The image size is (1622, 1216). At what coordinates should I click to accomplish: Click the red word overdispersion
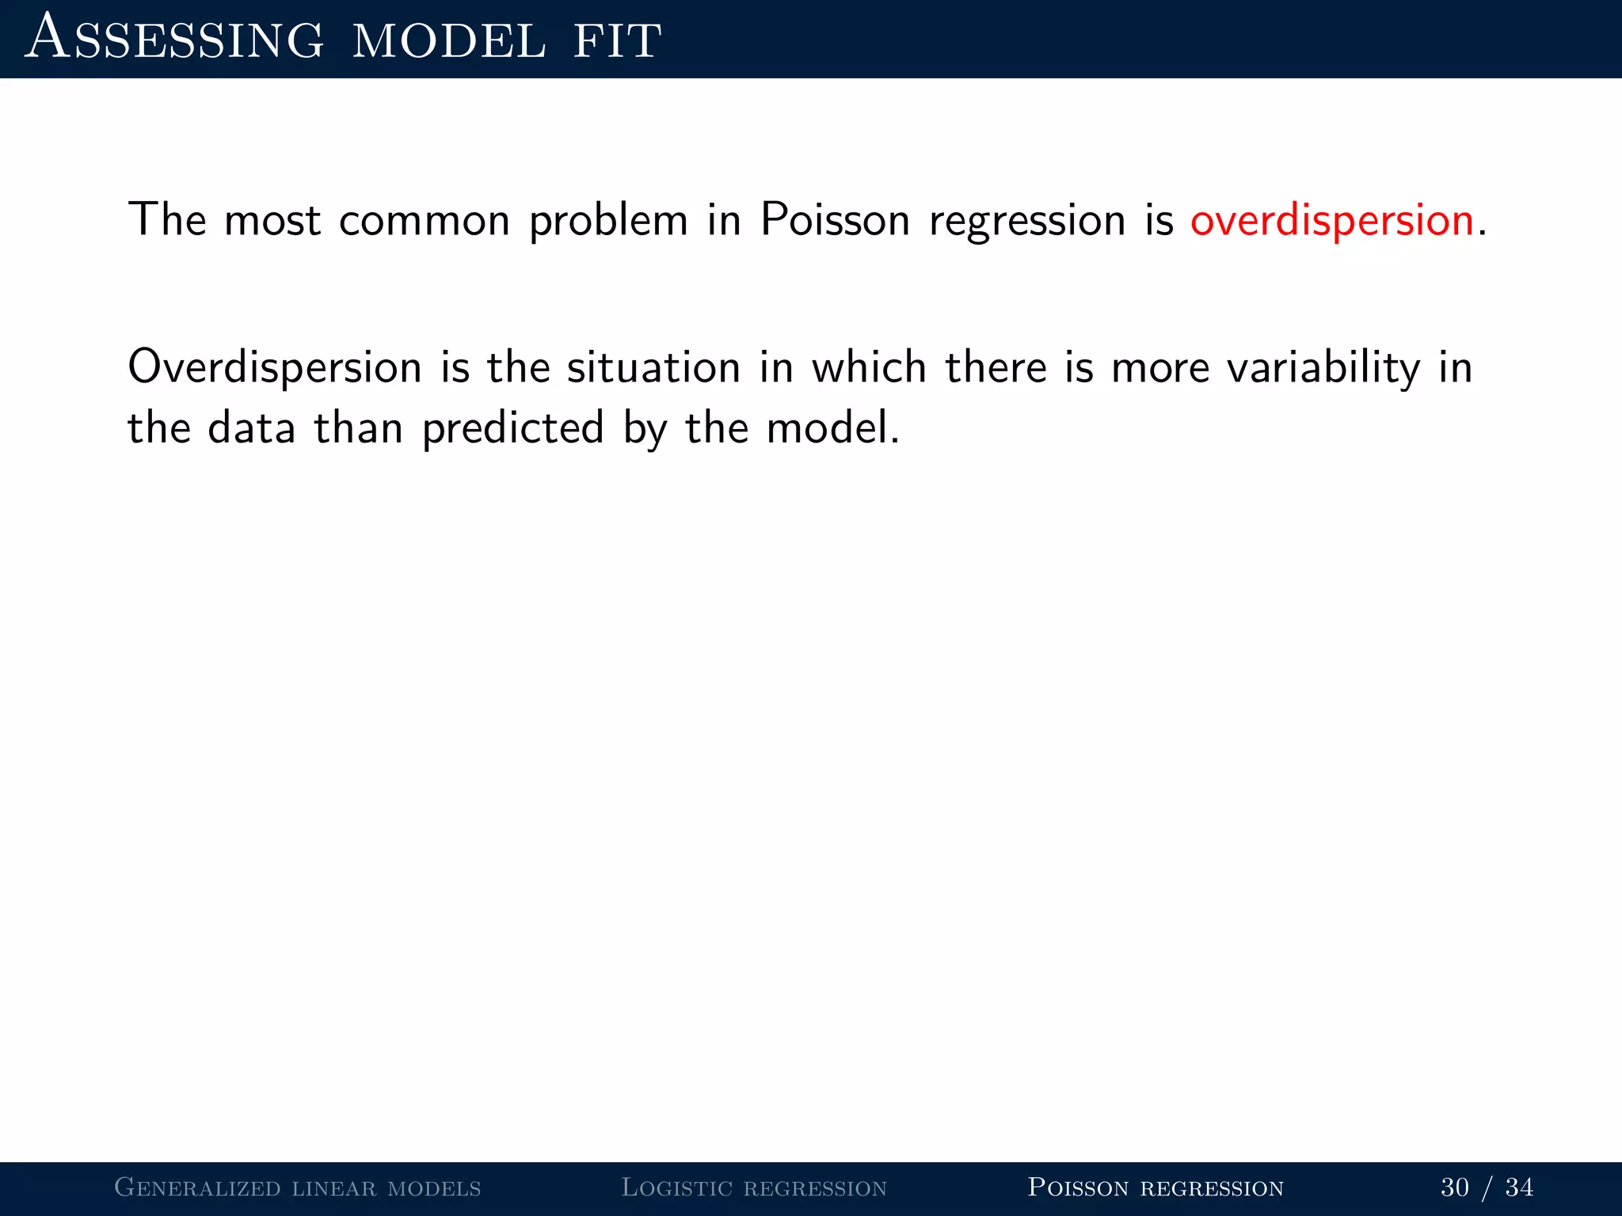click(1331, 220)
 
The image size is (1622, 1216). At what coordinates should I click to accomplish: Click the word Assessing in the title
click(174, 40)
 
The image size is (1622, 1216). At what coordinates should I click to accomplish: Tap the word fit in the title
click(617, 40)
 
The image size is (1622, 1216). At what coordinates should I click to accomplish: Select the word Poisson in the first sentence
click(835, 220)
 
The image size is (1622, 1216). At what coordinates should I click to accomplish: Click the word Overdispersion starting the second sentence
click(275, 368)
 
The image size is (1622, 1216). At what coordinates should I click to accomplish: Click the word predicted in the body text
click(513, 429)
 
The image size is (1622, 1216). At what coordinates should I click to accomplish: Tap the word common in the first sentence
click(425, 220)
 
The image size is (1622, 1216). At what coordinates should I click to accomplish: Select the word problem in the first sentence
click(608, 220)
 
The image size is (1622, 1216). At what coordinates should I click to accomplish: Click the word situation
click(653, 368)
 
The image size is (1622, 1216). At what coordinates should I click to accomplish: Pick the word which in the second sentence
click(869, 368)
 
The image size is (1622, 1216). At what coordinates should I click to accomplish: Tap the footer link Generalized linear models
click(298, 1187)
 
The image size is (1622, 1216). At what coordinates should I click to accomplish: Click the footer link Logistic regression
click(754, 1187)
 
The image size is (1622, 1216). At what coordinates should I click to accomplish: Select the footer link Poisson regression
click(1156, 1187)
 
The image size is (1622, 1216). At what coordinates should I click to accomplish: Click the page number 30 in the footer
click(1455, 1187)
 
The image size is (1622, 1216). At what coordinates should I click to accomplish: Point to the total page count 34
click(1519, 1187)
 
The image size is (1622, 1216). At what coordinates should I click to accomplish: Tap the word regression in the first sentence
click(1027, 220)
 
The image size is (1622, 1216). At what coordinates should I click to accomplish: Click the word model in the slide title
click(449, 40)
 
